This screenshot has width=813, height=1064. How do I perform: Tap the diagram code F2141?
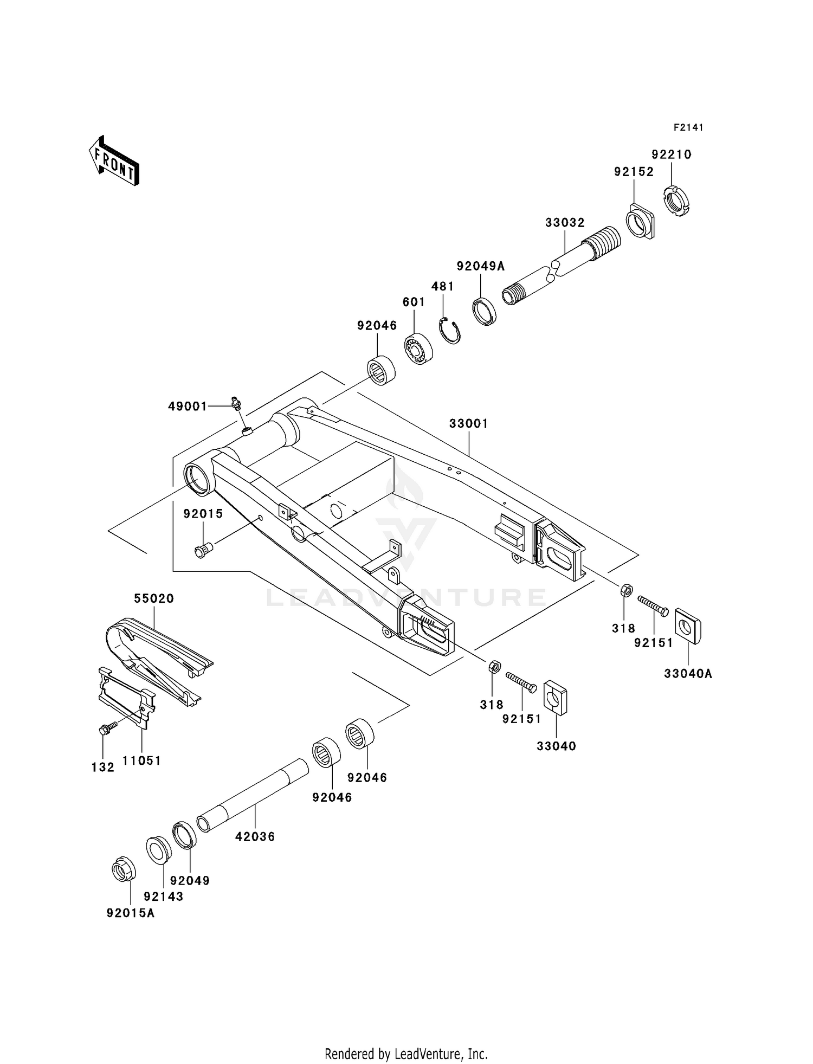pyautogui.click(x=688, y=127)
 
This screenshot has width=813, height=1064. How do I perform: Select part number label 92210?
pyautogui.click(x=672, y=154)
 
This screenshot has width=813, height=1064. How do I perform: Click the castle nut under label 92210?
pyautogui.click(x=677, y=201)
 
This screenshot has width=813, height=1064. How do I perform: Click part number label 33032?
pyautogui.click(x=565, y=222)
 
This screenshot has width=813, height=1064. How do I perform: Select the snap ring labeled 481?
pyautogui.click(x=449, y=330)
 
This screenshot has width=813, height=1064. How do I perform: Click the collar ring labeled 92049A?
pyautogui.click(x=485, y=311)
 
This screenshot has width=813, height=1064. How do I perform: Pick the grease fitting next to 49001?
pyautogui.click(x=235, y=402)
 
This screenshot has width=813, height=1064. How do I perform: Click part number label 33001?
pyautogui.click(x=468, y=423)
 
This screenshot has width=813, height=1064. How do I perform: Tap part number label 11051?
pyautogui.click(x=141, y=760)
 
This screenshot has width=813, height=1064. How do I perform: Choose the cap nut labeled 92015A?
pyautogui.click(x=124, y=869)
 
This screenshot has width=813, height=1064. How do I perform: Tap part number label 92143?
pyautogui.click(x=164, y=897)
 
